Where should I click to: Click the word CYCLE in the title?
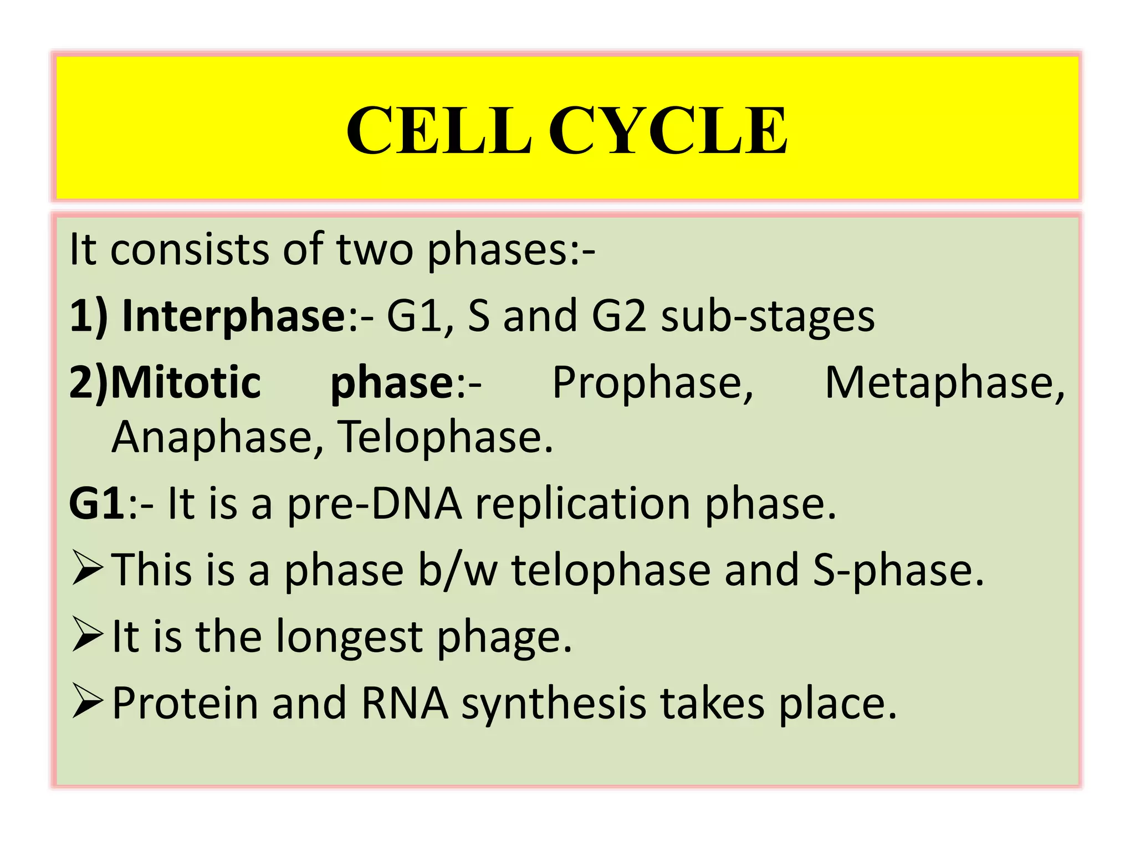(x=668, y=131)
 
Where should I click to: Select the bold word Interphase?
(x=233, y=316)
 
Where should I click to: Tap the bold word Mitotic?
(x=186, y=382)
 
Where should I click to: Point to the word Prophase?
(x=653, y=382)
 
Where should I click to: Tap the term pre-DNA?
(x=375, y=504)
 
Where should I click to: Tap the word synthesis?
(x=554, y=704)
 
